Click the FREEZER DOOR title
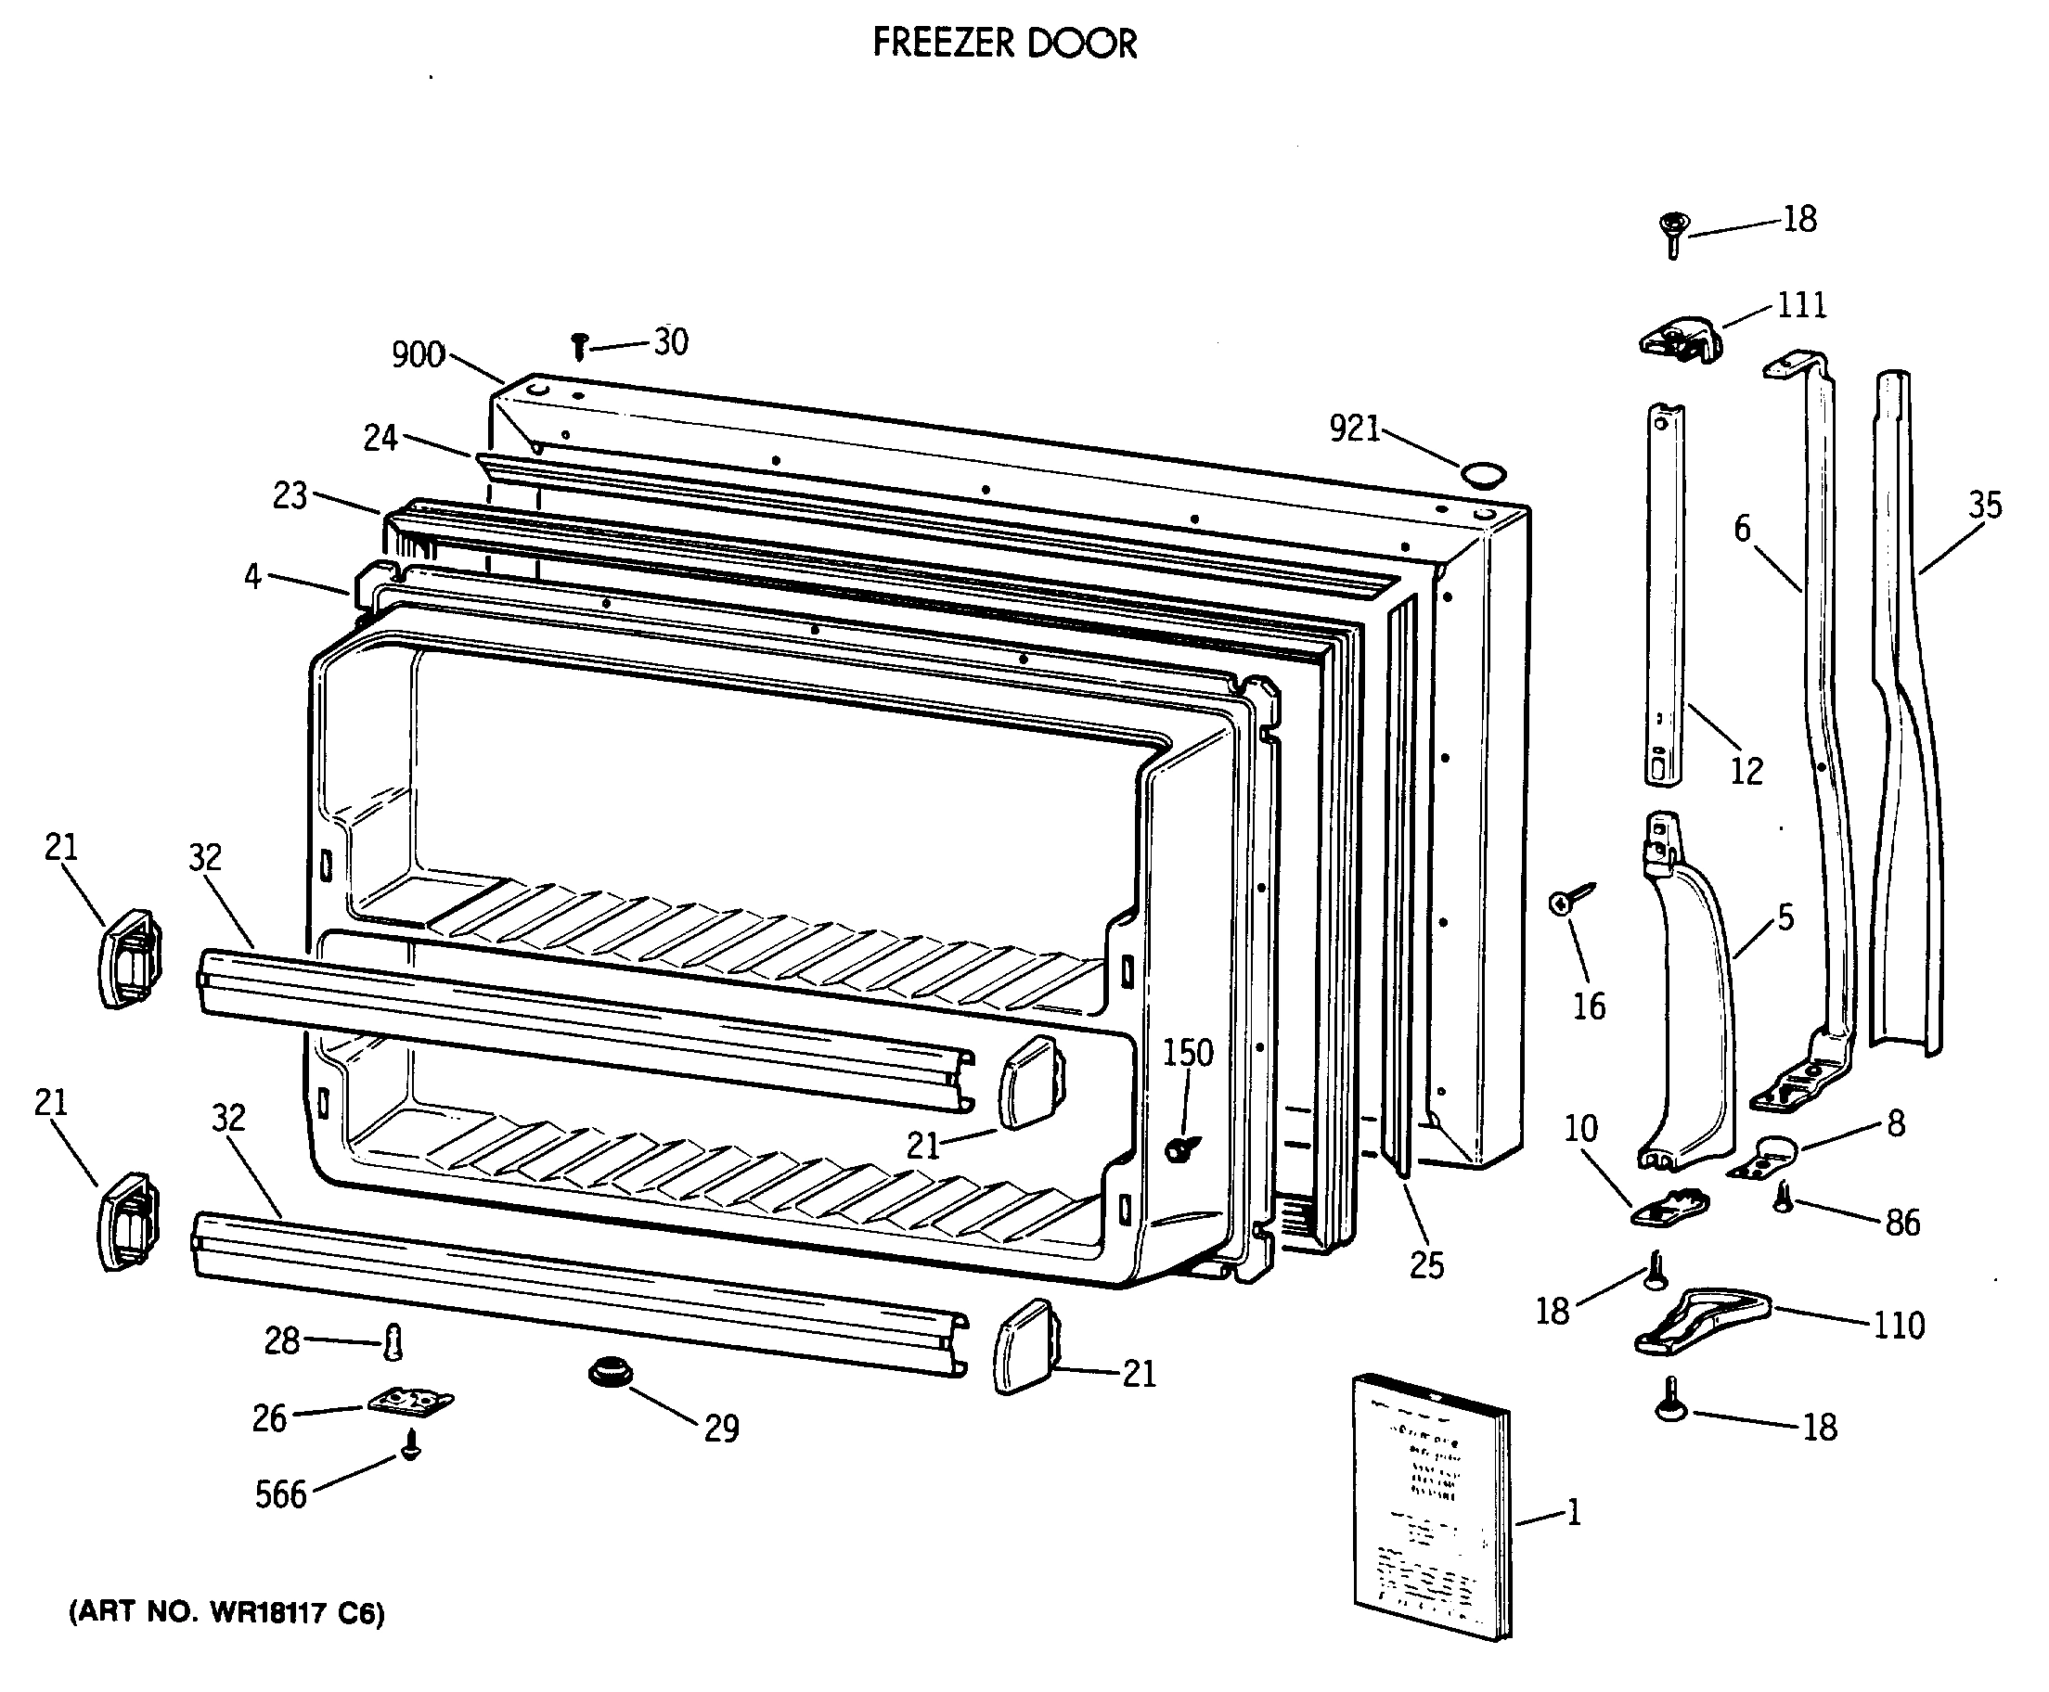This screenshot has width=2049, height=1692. [1004, 44]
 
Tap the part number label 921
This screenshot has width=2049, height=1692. [1354, 428]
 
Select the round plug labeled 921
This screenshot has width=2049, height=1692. [1483, 475]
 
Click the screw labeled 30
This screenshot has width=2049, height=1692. [580, 345]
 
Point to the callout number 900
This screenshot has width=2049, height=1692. [418, 354]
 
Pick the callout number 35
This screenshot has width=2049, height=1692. [1984, 505]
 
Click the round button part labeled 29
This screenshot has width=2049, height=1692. [611, 1372]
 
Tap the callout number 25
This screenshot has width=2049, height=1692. [1426, 1265]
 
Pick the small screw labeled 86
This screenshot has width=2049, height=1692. [1783, 1198]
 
